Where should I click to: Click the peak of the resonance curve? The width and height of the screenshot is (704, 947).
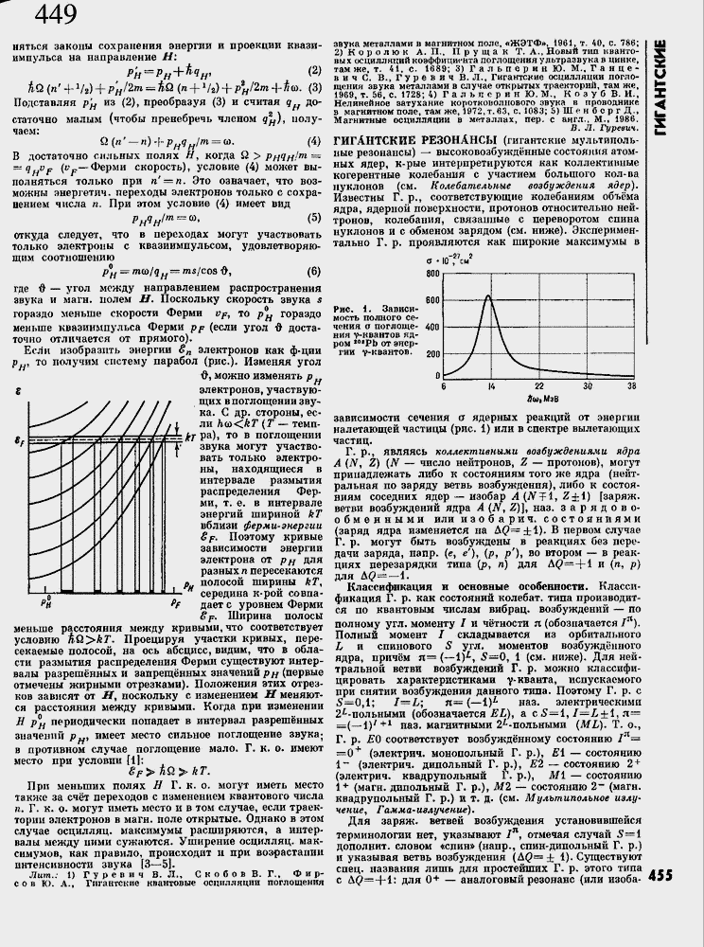tap(488, 297)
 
